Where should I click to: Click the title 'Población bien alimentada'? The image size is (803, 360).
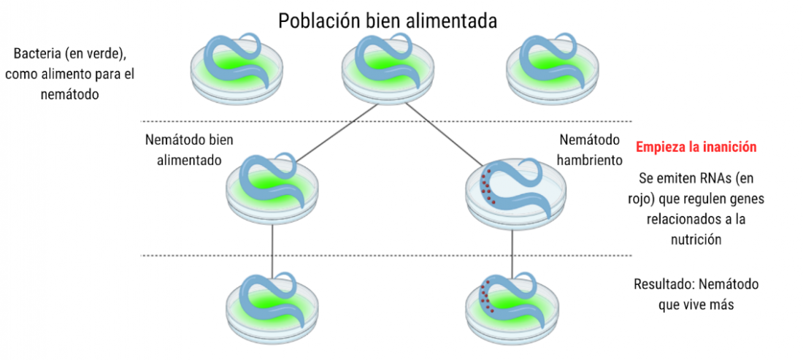pos(388,21)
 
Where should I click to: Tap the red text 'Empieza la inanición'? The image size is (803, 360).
pos(696,147)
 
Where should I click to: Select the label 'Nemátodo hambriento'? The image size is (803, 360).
pos(589,150)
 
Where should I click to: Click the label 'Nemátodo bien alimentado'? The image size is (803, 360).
pos(190,150)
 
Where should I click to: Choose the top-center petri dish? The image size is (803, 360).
pos(388,68)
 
